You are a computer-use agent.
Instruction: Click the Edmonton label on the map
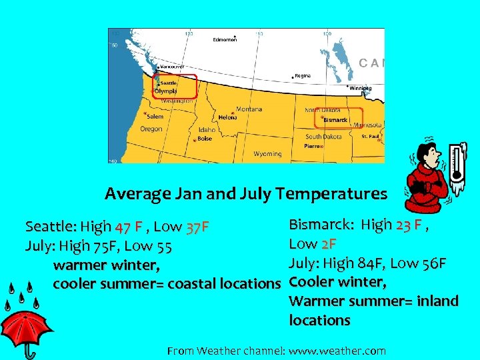[225, 40]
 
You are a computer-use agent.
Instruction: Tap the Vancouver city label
[172, 67]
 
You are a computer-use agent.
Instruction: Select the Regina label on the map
[302, 76]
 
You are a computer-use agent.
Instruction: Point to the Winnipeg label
[361, 88]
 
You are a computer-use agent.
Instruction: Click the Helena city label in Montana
[227, 117]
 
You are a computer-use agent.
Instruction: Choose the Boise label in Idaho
[204, 139]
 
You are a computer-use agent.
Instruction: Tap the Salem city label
[154, 117]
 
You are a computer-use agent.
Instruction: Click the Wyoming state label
[267, 154]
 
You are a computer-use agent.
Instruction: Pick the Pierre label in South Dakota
[312, 145]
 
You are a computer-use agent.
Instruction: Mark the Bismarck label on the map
[335, 121]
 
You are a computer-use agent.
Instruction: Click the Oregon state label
[151, 129]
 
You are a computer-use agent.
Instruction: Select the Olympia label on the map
[166, 91]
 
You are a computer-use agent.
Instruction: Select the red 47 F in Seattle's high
[128, 228]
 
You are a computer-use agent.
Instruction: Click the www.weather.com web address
[337, 351]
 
